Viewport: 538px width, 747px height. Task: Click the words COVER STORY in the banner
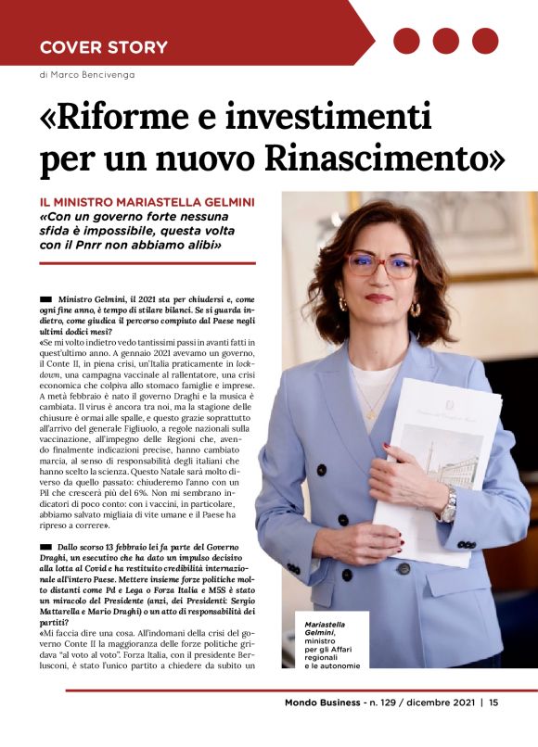103,47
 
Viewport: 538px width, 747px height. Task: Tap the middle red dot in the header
446,41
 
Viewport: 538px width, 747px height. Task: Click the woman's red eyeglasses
380,265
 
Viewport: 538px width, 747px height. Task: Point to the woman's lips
379,298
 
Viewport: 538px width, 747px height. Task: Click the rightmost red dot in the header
485,41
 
